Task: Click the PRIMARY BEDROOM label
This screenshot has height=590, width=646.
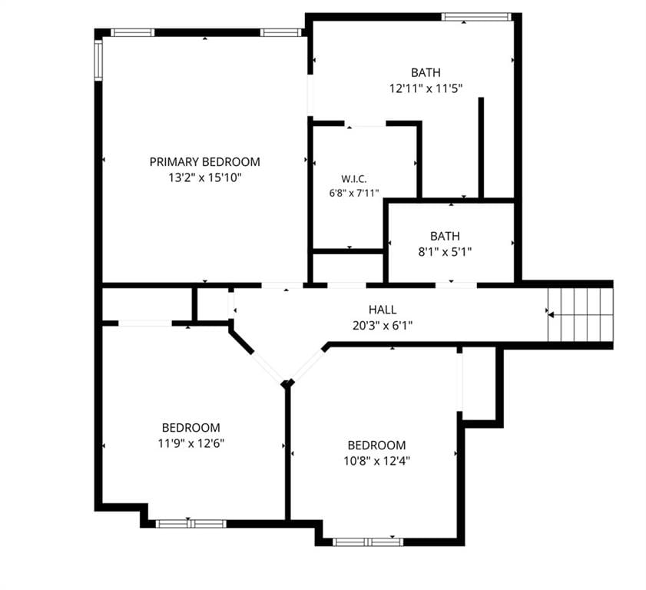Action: click(205, 162)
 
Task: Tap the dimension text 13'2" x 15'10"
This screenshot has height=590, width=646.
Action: click(205, 177)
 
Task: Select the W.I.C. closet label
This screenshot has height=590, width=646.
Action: click(354, 179)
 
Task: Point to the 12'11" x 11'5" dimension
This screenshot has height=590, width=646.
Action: click(426, 88)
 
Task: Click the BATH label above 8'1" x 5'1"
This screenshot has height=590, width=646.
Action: click(445, 236)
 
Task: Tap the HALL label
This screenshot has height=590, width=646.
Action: click(383, 310)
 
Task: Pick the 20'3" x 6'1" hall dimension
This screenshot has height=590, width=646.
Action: click(383, 326)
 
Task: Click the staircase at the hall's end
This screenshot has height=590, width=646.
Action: click(581, 315)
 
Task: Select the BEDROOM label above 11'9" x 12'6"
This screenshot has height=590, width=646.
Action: click(190, 427)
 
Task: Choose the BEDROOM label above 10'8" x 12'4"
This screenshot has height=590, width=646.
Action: click(376, 445)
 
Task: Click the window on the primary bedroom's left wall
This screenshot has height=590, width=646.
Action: click(98, 60)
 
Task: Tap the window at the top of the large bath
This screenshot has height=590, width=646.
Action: click(476, 16)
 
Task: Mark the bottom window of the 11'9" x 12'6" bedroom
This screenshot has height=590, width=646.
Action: click(190, 524)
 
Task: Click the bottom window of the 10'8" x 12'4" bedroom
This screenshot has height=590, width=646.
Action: click(368, 542)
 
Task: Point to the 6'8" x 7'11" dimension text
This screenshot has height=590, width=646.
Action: click(354, 193)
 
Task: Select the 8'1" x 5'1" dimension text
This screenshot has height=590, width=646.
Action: click(445, 251)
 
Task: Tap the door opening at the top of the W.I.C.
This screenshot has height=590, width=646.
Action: click(365, 124)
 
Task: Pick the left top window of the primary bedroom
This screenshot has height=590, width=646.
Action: click(132, 32)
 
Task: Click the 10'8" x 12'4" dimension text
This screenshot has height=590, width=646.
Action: click(376, 461)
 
